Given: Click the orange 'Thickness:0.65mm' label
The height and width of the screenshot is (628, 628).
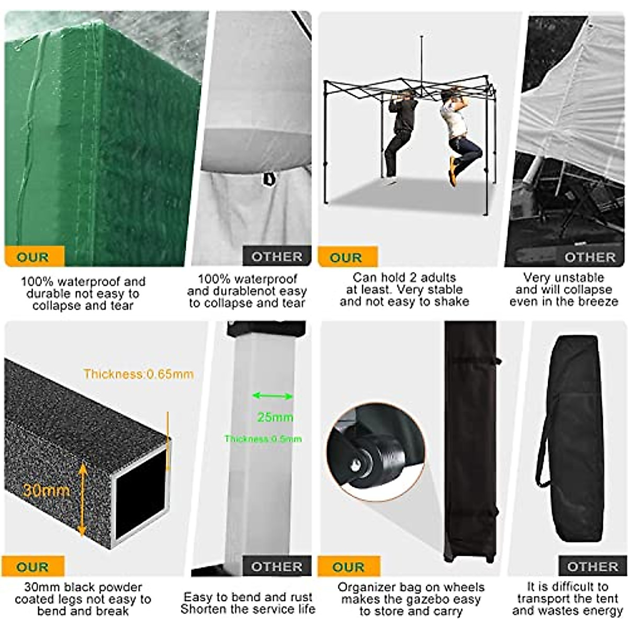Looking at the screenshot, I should coord(138,374).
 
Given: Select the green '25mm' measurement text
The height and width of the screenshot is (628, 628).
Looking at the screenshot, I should coord(275,417).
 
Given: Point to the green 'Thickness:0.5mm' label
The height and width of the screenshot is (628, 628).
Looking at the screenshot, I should coord(263,439).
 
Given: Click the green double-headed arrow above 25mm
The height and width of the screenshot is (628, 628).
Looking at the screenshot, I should coord(272,396).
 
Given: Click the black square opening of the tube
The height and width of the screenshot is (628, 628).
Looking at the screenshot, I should coord(140,491).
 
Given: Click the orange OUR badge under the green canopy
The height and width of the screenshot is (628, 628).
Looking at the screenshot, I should coord(33,257).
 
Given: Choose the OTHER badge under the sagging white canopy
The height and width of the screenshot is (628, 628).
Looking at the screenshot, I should coord(277,257).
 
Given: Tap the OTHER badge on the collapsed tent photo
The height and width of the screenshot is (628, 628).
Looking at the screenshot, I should coord(590,257).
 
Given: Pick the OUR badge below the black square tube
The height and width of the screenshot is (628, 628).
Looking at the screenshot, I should coord(32,567).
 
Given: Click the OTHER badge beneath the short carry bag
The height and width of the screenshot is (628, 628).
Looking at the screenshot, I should coord(592,567).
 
